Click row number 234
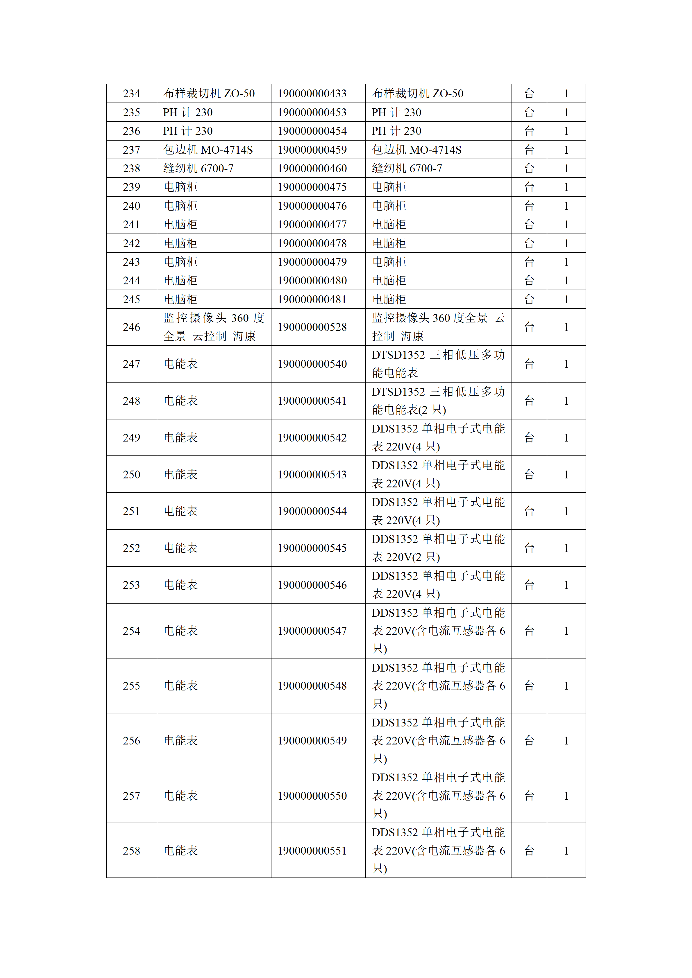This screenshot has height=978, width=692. [x=131, y=94]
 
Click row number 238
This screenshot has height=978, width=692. [x=131, y=169]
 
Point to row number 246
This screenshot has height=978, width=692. [x=131, y=327]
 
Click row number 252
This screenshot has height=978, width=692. [x=131, y=548]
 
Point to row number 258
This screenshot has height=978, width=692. [x=131, y=851]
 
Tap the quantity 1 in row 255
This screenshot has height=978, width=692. [x=566, y=686]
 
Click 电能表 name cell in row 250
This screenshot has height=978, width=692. [x=181, y=475]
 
